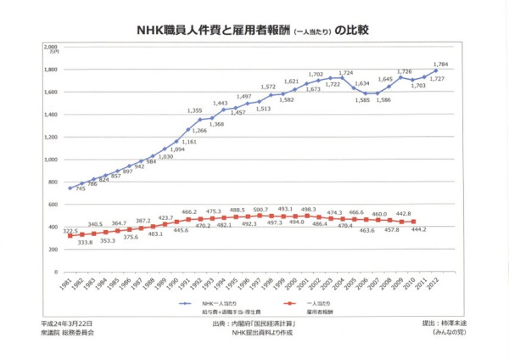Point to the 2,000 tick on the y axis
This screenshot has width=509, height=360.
tap(50, 47)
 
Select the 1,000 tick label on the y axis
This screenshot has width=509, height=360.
tap(50, 160)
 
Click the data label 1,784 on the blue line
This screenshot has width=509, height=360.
tap(440, 64)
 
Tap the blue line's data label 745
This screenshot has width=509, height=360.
tap(80, 189)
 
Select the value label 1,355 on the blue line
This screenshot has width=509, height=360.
tap(194, 110)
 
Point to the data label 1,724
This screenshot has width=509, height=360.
tap(345, 73)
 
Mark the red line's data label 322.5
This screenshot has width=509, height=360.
tap(70, 230)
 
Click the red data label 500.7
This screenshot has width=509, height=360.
tap(260, 209)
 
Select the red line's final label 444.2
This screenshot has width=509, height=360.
tap(418, 230)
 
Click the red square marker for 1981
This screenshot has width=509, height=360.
tap(70, 236)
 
